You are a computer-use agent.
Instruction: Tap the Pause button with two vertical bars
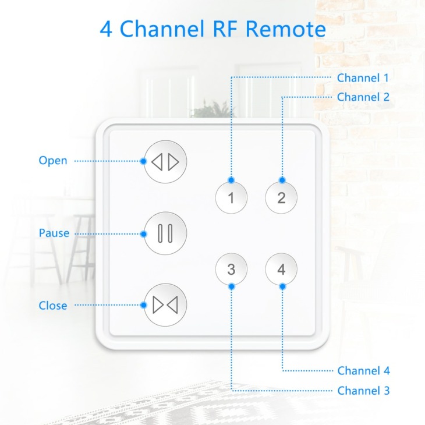click(x=165, y=233)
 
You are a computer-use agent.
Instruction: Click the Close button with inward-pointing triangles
click(x=165, y=305)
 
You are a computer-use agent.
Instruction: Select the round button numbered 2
click(x=281, y=197)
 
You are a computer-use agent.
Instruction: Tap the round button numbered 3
click(x=231, y=269)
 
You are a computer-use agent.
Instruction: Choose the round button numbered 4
click(x=281, y=269)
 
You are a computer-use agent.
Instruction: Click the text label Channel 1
click(x=363, y=78)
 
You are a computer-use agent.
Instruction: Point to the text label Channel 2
click(x=363, y=97)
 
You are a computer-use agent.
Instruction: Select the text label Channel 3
click(x=363, y=391)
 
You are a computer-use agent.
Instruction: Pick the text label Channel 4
click(x=363, y=370)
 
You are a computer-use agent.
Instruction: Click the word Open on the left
click(x=53, y=161)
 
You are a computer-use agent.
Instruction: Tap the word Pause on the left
click(x=54, y=233)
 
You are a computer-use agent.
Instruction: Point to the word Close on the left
click(x=53, y=306)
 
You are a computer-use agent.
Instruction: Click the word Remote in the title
click(x=286, y=29)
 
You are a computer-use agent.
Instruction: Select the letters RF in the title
click(x=225, y=29)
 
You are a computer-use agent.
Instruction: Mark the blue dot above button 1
click(x=231, y=180)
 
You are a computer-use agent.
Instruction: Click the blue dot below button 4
click(x=282, y=286)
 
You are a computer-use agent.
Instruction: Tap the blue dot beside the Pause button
click(x=144, y=234)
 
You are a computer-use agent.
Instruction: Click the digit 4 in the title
click(x=106, y=29)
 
